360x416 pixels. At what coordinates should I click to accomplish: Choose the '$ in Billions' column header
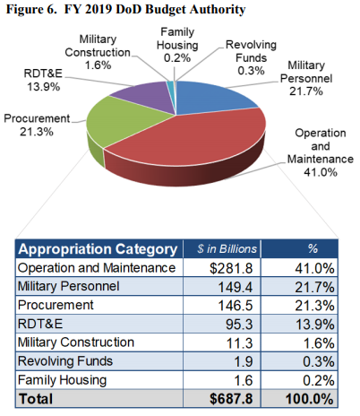[x=224, y=248]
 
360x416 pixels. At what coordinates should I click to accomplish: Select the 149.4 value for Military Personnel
[x=233, y=285]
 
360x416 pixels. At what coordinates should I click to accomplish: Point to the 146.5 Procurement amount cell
[x=233, y=304]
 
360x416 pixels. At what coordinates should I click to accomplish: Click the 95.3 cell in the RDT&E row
[x=236, y=323]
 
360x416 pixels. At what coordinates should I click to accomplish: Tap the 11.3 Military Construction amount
[x=236, y=342]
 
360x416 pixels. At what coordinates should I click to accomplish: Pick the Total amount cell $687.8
[x=228, y=398]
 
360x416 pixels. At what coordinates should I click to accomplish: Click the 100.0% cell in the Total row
[x=313, y=398]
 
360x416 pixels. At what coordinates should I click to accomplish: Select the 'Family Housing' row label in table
[x=63, y=379]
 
